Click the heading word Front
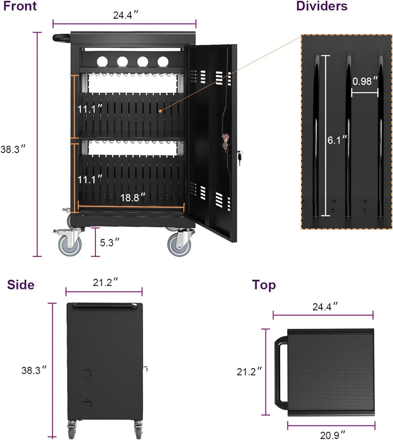pyautogui.click(x=20, y=6)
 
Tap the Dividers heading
pyautogui.click(x=322, y=6)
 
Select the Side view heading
pyautogui.click(x=21, y=285)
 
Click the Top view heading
pyautogui.click(x=264, y=285)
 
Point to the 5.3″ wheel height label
pyautogui.click(x=110, y=242)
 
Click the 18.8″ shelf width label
pyautogui.click(x=133, y=197)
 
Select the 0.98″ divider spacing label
pyautogui.click(x=365, y=81)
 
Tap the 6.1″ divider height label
pyautogui.click(x=337, y=140)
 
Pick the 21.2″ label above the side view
pyautogui.click(x=105, y=282)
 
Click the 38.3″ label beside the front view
pyautogui.click(x=13, y=149)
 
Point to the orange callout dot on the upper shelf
pyautogui.click(x=160, y=111)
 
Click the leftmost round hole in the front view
pyautogui.click(x=102, y=62)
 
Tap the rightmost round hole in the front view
pyautogui.click(x=163, y=62)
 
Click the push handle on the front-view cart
pyautogui.click(x=62, y=38)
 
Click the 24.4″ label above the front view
pyautogui.click(x=125, y=15)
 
